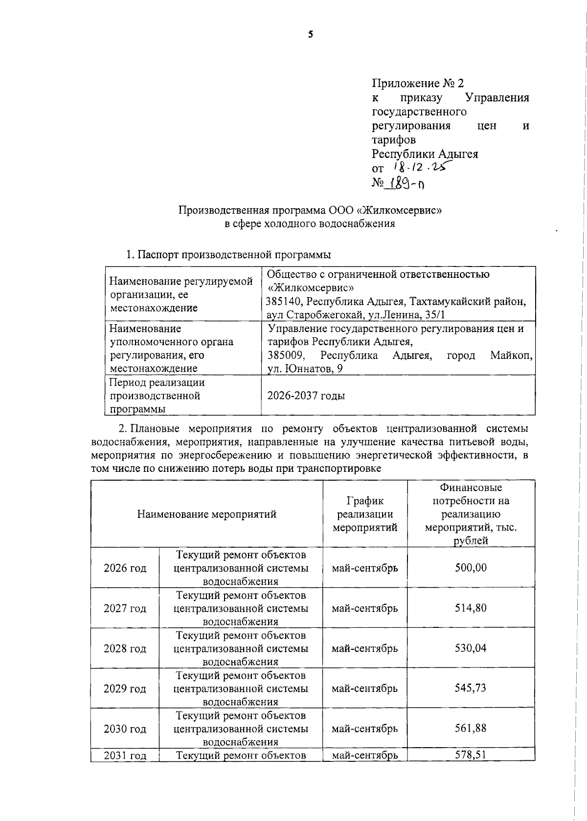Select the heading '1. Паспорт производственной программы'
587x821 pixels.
[x=228, y=255]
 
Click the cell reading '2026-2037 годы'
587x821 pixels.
[x=306, y=396]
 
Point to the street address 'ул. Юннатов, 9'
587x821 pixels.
[x=305, y=369]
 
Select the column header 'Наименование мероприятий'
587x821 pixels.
[x=206, y=514]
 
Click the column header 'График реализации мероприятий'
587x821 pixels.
[x=365, y=514]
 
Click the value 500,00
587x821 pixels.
[x=471, y=568]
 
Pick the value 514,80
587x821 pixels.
[x=471, y=608]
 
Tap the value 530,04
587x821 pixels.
[x=471, y=648]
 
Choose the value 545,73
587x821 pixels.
[x=471, y=688]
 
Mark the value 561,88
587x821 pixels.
[x=471, y=728]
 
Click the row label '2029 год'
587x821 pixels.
[x=125, y=689]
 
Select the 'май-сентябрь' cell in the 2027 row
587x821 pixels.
[x=365, y=608]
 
